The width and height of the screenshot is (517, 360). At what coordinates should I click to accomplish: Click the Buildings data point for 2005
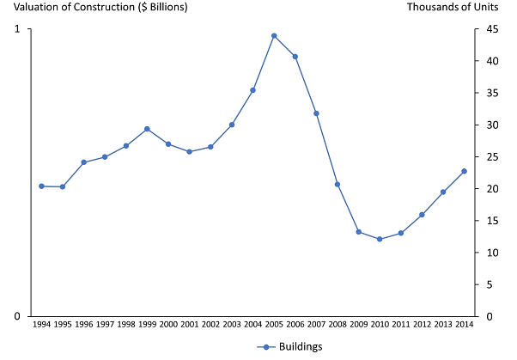(274, 36)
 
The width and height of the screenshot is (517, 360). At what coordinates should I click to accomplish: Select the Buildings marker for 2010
(380, 239)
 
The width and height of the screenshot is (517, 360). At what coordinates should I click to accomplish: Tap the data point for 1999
(147, 129)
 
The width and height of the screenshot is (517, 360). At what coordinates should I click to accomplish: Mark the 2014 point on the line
(464, 171)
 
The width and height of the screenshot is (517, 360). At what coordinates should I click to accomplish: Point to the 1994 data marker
(41, 186)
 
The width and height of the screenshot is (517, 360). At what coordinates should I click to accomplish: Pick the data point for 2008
(338, 185)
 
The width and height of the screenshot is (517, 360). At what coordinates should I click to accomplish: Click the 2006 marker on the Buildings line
(295, 57)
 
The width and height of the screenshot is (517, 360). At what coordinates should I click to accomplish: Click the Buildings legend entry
(289, 346)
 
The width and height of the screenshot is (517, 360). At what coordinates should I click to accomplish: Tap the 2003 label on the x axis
(232, 325)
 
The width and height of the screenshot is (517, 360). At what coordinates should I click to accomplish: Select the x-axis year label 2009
(358, 325)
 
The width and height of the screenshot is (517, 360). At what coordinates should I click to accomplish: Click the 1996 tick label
(83, 325)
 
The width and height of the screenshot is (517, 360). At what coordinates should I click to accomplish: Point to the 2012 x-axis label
(422, 325)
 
